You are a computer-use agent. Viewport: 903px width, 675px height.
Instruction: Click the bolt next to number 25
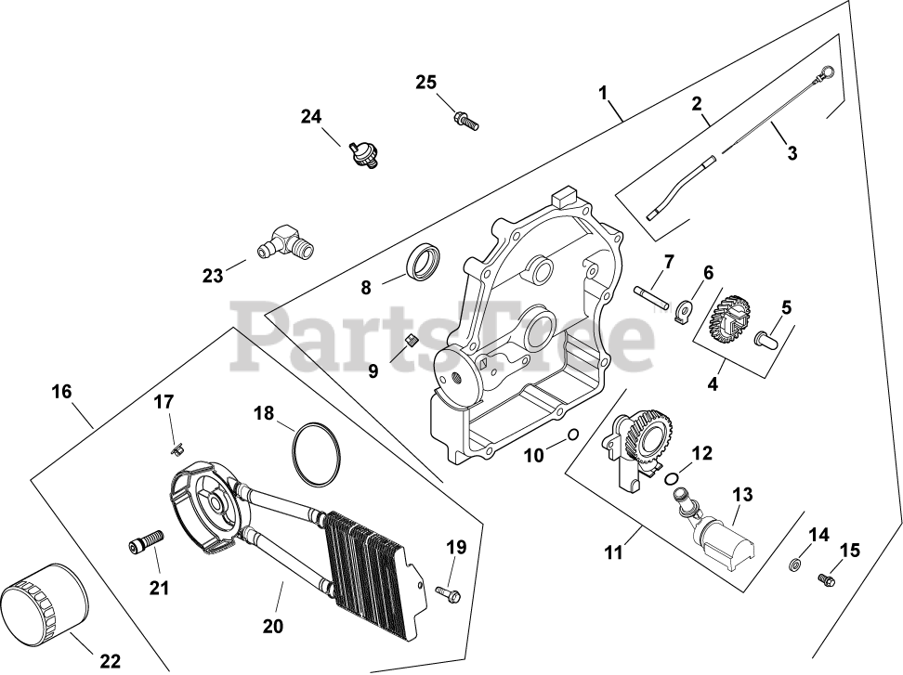[x=465, y=118]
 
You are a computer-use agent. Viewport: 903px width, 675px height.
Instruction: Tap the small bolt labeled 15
[x=824, y=579]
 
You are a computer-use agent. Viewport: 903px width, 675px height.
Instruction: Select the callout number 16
[x=61, y=393]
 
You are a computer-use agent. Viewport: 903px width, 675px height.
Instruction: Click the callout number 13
[x=742, y=494]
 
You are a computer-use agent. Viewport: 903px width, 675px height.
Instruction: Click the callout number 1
[x=603, y=93]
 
